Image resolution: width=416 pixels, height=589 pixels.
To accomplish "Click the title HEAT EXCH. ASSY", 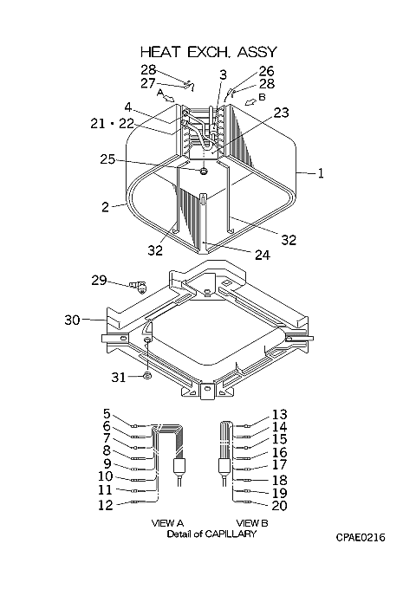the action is (209, 52).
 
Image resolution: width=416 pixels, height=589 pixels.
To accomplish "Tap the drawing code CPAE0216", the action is (361, 538).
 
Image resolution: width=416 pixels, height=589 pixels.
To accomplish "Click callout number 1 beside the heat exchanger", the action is (320, 173).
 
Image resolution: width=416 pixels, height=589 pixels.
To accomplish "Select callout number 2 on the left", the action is (106, 207).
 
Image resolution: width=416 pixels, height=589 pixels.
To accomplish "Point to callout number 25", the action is (107, 159).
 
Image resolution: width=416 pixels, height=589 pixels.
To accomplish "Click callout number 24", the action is (263, 255).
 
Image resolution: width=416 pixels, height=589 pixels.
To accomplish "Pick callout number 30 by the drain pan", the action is (72, 320).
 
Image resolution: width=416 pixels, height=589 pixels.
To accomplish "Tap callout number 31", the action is (119, 377).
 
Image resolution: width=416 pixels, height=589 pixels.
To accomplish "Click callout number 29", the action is (99, 281).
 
